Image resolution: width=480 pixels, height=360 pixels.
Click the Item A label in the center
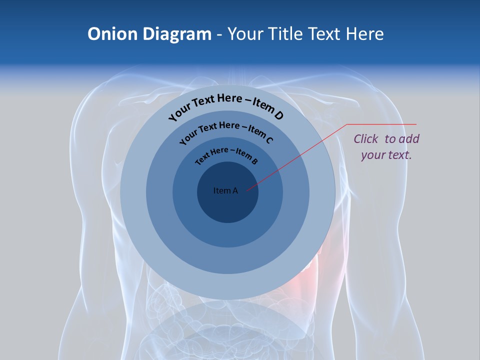click(x=225, y=190)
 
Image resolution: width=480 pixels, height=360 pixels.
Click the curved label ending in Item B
click(x=226, y=154)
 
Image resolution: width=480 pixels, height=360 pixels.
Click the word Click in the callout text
click(x=367, y=139)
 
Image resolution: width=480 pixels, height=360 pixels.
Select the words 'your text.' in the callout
click(x=386, y=155)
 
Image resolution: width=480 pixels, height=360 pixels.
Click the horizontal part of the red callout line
click(x=382, y=124)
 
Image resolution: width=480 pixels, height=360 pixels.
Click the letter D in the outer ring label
click(x=278, y=115)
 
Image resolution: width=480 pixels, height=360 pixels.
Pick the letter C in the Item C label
click(x=269, y=140)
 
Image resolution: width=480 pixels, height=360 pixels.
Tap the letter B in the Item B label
click(x=254, y=161)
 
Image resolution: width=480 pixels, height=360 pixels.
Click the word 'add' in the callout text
click(x=409, y=139)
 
